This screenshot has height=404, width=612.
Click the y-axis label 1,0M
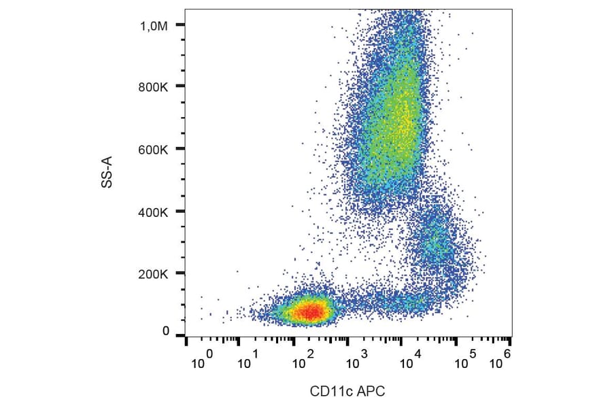(x=154, y=25)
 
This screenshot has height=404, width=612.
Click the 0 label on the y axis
(x=165, y=331)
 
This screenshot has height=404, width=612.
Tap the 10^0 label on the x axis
(x=201, y=360)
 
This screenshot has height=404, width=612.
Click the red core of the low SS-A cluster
(x=309, y=312)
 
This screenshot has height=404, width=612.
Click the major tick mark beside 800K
(x=180, y=86)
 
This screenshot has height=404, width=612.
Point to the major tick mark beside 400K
(x=180, y=212)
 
